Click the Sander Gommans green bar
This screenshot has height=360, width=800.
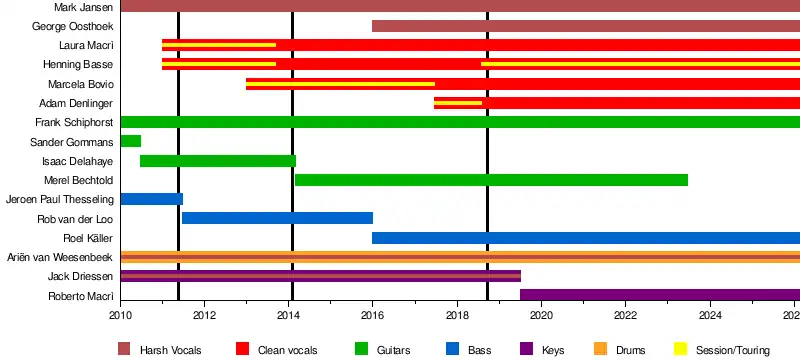click(131, 141)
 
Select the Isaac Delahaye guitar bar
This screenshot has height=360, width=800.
click(218, 161)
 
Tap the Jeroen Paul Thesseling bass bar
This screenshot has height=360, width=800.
click(152, 199)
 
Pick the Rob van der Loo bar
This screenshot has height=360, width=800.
click(278, 218)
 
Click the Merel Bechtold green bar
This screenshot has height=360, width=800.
click(491, 180)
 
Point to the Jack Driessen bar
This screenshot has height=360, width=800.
click(321, 276)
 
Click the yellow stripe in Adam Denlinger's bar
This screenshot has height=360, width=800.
click(458, 103)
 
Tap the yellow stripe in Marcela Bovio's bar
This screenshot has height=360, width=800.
click(340, 84)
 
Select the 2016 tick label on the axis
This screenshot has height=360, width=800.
click(373, 315)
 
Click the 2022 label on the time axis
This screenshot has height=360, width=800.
click(625, 315)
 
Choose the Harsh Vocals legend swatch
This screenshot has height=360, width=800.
click(124, 349)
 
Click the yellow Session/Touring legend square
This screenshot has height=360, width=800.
click(681, 349)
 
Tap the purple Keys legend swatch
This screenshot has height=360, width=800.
click(526, 349)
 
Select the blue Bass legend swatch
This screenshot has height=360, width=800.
click(452, 349)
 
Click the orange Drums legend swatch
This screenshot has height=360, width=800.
click(601, 349)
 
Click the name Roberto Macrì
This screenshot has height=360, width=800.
click(81, 296)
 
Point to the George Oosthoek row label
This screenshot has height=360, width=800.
click(72, 26)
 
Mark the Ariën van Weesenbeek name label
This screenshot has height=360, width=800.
click(60, 258)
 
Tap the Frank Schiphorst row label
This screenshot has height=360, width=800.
click(74, 122)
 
